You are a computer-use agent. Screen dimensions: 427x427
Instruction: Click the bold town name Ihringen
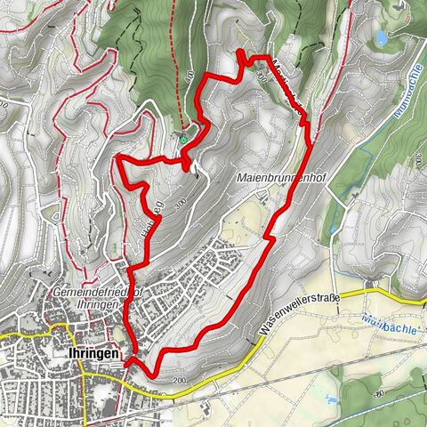[x=93, y=353]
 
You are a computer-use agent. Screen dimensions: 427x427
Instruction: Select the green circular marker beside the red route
[x=183, y=139]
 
